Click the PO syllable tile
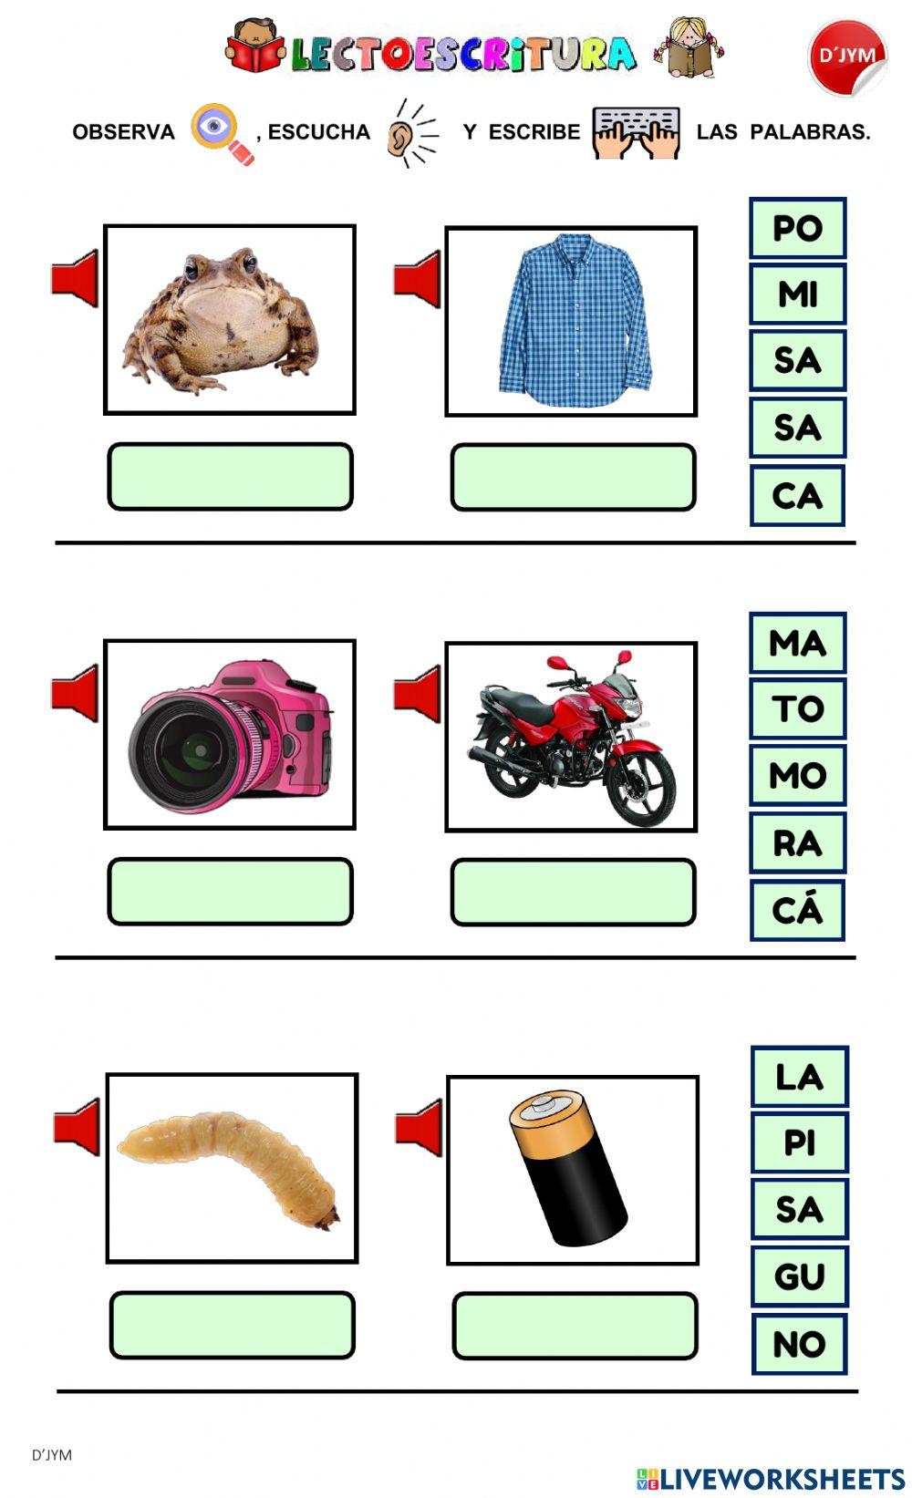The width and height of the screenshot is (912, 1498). coord(797,228)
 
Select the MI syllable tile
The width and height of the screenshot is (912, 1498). coord(797,294)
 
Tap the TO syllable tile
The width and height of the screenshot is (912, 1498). coord(797,708)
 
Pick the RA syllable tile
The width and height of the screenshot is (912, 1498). coord(797,842)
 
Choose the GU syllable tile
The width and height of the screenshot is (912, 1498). coord(799,1276)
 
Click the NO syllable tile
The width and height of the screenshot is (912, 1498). coord(799,1343)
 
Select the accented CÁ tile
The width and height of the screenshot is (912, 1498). coord(797,909)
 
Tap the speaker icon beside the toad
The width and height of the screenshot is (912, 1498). coord(75,278)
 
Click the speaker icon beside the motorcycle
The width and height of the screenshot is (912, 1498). coord(417,694)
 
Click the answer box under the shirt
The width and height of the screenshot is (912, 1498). coord(573,477)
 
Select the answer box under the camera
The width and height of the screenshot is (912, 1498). coord(230,891)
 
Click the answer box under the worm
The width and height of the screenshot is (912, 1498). coord(232,1325)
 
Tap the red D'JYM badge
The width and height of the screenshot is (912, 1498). coord(846,57)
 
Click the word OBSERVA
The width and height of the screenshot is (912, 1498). coord(123,132)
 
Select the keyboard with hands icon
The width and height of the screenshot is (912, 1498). coord(636,132)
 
